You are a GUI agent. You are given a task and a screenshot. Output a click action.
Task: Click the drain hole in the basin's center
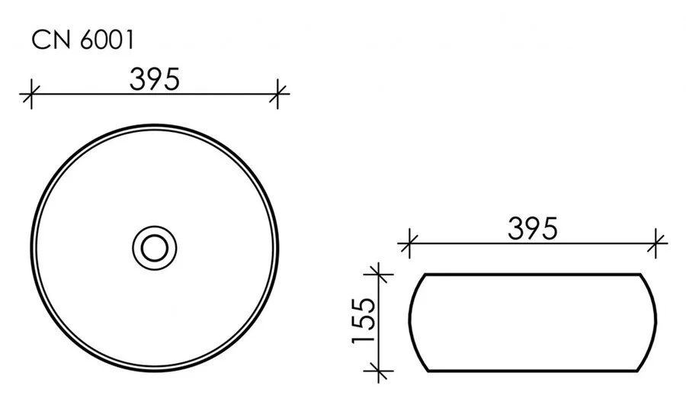pos(155,246)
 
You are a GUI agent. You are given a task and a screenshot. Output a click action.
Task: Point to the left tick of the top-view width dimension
pos(30,95)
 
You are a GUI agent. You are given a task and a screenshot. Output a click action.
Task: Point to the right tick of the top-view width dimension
pos(280,95)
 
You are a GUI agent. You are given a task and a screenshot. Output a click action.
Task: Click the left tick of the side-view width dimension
pos(410,244)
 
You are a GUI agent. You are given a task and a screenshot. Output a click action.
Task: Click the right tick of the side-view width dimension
pos(656,244)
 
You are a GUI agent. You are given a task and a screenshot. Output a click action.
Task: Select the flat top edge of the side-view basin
pos(533,273)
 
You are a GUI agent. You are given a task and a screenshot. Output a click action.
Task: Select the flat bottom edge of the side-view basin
pos(533,371)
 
